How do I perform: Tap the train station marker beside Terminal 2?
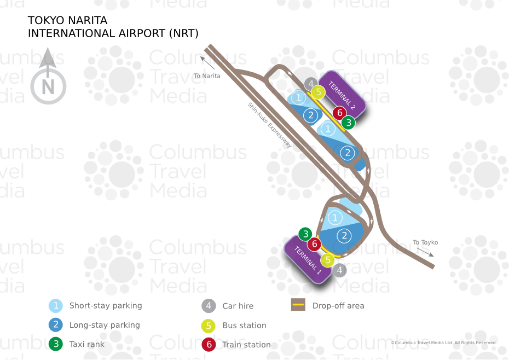point(340,113)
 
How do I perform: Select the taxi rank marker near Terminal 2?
point(348,123)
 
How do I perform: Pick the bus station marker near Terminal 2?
point(317,92)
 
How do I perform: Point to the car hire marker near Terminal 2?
point(311,84)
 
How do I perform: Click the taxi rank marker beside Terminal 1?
point(305,234)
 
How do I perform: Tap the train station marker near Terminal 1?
point(314,244)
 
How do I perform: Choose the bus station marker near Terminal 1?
point(327,260)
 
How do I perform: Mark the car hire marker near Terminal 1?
point(340,270)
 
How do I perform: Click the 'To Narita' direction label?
point(207,76)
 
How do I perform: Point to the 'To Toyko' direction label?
point(425,242)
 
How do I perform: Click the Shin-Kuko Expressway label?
point(270,125)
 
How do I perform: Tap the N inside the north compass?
point(48,87)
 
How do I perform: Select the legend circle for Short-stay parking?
point(55,306)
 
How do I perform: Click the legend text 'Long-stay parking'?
point(105,325)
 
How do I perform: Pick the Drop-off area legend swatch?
point(298,305)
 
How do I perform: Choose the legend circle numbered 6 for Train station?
point(208,345)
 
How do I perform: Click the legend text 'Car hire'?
point(238,306)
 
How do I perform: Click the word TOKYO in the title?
point(47,20)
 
